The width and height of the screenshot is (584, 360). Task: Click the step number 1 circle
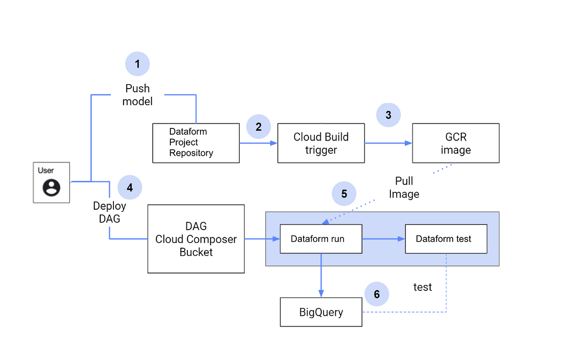pos(137,64)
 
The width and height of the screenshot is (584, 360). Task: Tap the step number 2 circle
pos(258,127)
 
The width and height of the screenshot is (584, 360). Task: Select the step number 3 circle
pos(388,115)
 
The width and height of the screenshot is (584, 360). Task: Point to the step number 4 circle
pos(129,187)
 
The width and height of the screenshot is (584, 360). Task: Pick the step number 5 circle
pos(344,194)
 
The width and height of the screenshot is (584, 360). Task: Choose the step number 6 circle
pos(377,294)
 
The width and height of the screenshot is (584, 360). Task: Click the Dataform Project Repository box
pos(196,143)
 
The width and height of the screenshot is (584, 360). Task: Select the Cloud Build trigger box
pos(321,143)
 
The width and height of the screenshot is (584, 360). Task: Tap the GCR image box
pos(456,143)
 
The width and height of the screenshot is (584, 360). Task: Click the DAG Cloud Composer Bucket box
pos(196,239)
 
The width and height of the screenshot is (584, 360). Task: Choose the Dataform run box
pos(321,239)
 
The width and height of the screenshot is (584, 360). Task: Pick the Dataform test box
pos(446,239)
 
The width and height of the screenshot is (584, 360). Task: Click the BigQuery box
pos(321,312)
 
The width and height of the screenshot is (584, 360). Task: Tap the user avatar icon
pos(52,187)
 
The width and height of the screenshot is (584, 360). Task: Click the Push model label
pos(137,95)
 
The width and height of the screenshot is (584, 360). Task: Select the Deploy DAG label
pos(109,212)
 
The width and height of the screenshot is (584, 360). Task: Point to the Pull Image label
pos(404,188)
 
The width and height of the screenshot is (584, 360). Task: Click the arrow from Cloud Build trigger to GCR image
pos(388,143)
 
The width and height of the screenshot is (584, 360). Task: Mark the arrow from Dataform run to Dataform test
pos(383,239)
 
